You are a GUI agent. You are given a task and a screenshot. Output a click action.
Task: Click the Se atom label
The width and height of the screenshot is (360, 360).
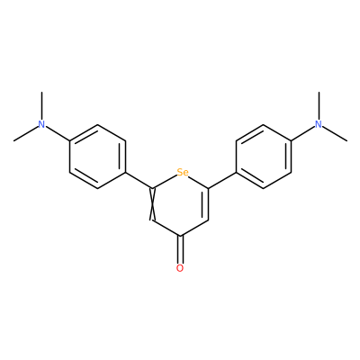[x=183, y=173]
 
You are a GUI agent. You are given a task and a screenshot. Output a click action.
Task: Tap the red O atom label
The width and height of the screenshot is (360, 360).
[x=180, y=268]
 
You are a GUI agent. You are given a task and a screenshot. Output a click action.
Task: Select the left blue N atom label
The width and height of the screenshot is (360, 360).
[x=41, y=124]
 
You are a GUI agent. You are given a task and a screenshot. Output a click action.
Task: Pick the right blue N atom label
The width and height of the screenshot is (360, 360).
[x=319, y=124]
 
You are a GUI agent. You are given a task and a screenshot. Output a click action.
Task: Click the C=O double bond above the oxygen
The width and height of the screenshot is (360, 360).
[x=180, y=249]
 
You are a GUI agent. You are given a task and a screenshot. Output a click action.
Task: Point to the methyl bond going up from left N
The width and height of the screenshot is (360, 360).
[x=41, y=106]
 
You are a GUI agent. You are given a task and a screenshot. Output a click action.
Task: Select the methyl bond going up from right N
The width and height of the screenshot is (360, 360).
[x=319, y=106]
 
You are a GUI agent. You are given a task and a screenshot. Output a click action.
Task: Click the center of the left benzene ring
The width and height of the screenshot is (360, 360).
[x=97, y=157]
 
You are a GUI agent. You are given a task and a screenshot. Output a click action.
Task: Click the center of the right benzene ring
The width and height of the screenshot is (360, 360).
[x=264, y=157]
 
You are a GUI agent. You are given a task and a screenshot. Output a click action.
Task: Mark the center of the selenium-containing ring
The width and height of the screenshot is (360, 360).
[x=180, y=204]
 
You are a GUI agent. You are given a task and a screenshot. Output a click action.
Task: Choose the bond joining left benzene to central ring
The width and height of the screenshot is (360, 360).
[x=139, y=181]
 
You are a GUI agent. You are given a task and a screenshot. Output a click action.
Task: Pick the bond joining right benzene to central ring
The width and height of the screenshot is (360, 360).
[x=222, y=181]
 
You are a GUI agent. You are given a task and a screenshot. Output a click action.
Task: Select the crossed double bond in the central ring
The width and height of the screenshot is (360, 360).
[x=152, y=204]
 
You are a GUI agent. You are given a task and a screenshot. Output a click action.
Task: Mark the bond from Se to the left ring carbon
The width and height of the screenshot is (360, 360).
[x=165, y=182]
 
